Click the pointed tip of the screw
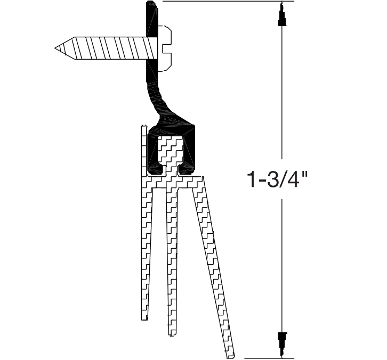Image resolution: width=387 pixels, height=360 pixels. tap(56, 48)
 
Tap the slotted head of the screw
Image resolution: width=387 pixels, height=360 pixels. tap(166, 48)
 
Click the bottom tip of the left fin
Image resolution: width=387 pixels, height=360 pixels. tap(143, 318)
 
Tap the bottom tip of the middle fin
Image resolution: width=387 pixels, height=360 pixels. tap(171, 334)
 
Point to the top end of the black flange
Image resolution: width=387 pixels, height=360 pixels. tap(151, 4)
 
